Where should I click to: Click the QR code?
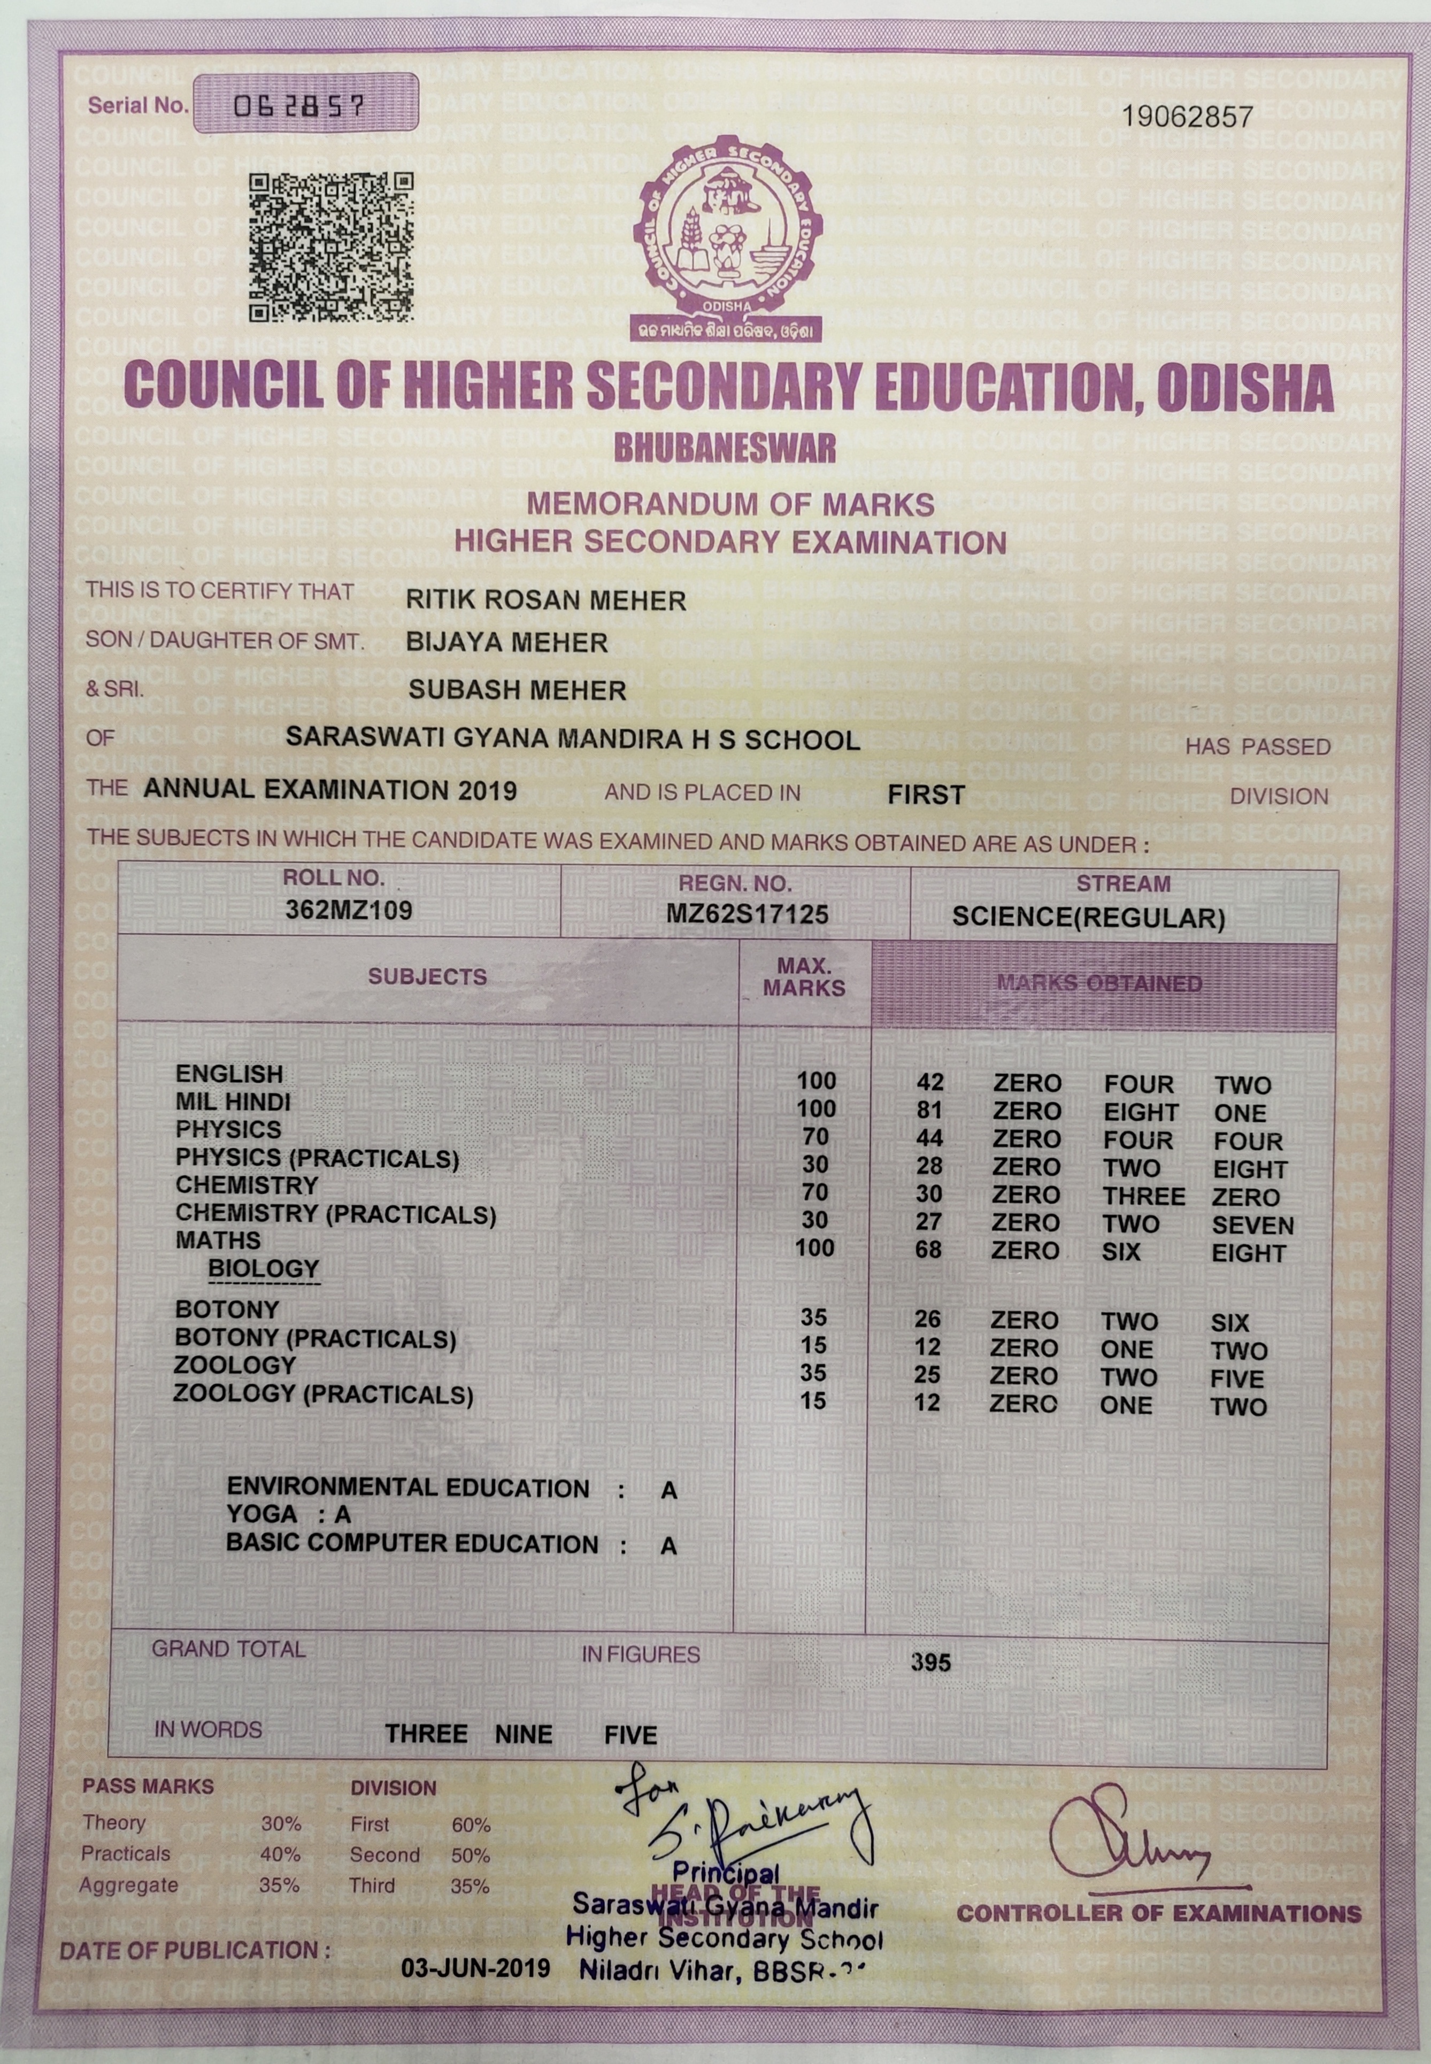coord(331,247)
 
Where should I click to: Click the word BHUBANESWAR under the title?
coord(725,448)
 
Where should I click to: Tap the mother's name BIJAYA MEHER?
coord(506,642)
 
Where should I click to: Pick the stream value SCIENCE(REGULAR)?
coord(1088,917)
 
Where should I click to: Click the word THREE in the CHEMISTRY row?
coord(1143,1196)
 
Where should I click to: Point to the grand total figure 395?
coord(930,1662)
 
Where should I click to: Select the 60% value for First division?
coord(471,1824)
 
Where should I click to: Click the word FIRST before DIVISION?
coord(925,795)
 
